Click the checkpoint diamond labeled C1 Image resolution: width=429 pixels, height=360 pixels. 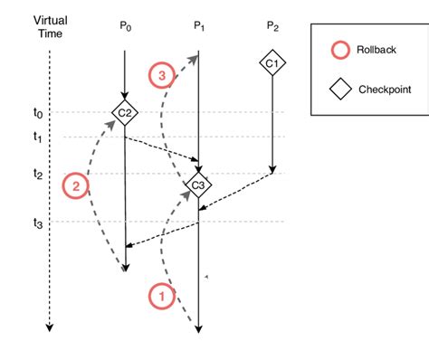272,62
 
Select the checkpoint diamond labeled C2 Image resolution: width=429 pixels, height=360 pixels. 124,111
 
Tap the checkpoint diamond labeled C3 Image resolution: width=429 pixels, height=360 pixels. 198,185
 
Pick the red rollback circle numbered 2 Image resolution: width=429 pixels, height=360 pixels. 75,185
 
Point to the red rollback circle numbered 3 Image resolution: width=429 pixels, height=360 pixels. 162,77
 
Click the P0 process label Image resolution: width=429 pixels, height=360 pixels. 125,26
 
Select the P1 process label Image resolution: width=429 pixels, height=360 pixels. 198,26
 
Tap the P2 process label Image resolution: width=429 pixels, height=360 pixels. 272,26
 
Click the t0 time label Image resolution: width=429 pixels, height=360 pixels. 37,113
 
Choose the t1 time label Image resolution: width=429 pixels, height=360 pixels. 37,137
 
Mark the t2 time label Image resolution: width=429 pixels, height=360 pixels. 37,174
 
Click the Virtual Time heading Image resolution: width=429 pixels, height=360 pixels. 50,26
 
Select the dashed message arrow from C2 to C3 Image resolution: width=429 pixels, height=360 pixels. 163,149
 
